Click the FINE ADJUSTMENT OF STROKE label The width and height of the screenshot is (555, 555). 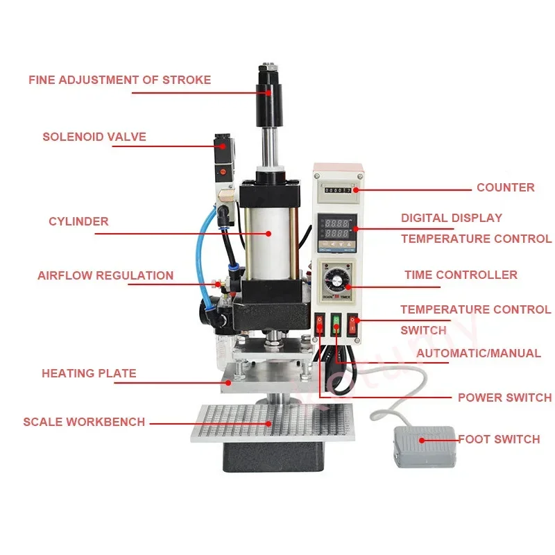119,80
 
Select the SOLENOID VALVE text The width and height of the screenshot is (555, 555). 94,137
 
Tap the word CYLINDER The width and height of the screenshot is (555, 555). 78,222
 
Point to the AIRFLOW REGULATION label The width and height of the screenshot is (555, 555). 105,275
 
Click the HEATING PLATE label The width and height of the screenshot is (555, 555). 89,373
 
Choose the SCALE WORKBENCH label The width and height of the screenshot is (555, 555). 84,422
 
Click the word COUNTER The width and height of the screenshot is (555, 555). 505,187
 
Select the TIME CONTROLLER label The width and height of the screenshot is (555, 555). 461,275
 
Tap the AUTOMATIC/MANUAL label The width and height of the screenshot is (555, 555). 479,353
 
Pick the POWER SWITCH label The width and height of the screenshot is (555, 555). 504,398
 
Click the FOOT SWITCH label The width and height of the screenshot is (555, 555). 499,439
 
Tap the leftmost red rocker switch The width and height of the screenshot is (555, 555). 320,324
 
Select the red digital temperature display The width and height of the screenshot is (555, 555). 338,225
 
